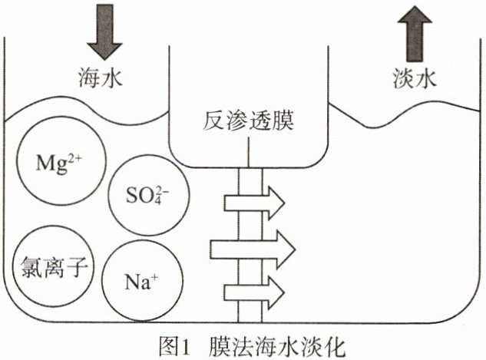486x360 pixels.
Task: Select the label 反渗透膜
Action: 250,121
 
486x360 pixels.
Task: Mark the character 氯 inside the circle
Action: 25,269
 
